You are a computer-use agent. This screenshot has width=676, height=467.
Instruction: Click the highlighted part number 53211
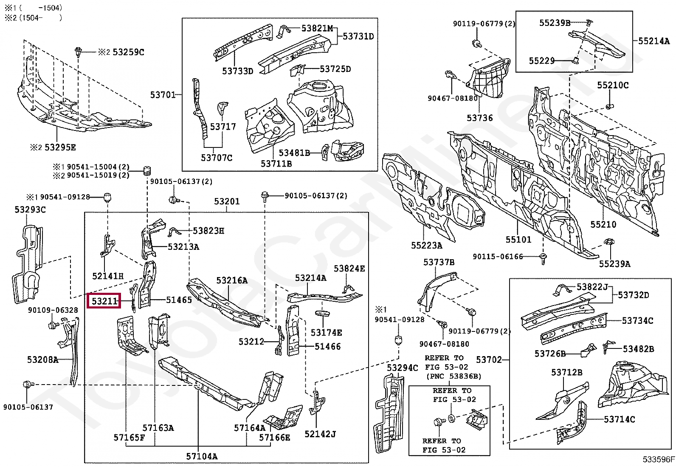[x=104, y=301]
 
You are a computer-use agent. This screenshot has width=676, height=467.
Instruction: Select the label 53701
[x=163, y=95]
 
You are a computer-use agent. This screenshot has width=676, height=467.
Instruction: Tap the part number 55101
[x=518, y=240]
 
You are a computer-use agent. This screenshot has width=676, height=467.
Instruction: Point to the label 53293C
[x=30, y=209]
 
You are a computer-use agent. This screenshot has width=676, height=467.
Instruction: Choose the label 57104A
[x=202, y=456]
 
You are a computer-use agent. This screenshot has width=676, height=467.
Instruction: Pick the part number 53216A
[x=232, y=280]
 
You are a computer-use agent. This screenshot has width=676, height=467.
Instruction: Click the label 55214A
[x=653, y=41]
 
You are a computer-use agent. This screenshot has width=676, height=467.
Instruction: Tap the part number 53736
[x=479, y=118]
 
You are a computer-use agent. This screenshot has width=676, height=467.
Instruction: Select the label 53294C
[x=403, y=368]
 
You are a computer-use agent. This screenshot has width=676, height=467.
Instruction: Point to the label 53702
[x=489, y=360]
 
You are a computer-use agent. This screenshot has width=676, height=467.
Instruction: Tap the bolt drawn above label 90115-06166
[x=543, y=259]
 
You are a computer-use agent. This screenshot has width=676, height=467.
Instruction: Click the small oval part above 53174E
[x=322, y=313]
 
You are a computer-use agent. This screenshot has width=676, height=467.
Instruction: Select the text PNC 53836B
[x=455, y=376]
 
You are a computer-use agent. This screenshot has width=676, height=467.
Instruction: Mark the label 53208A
[x=43, y=359]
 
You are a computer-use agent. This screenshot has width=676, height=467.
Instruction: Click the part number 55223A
[x=426, y=245]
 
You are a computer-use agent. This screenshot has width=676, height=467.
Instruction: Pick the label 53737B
[x=439, y=262]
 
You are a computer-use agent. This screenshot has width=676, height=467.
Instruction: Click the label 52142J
[x=320, y=434]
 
